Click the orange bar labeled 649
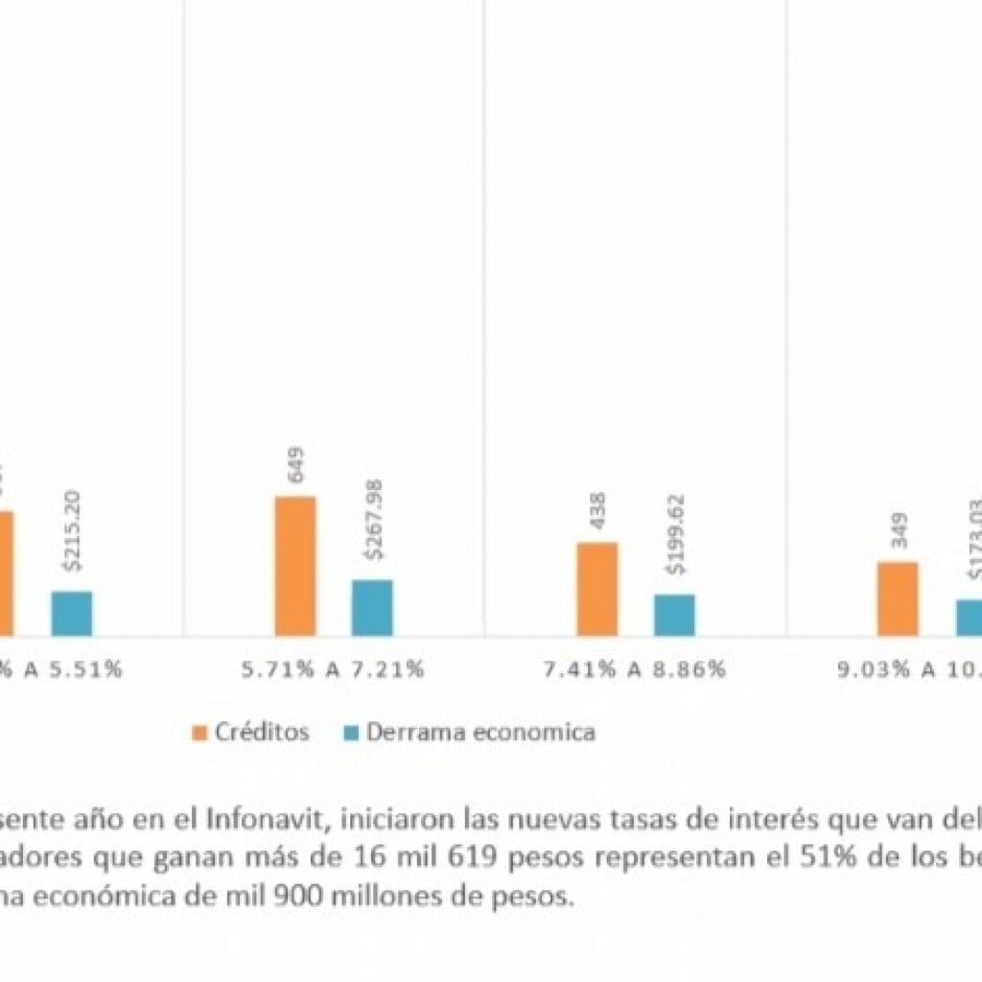pos(295,566)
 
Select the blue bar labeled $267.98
pos(372,607)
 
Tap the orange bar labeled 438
pos(597,589)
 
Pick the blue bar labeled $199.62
pos(674,615)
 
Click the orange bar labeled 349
pos(898,598)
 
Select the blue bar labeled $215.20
pos(72,613)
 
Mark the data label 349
pos(899,530)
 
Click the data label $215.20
pos(72,530)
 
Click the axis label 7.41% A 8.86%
pos(636,669)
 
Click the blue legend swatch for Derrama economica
pos(350,733)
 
